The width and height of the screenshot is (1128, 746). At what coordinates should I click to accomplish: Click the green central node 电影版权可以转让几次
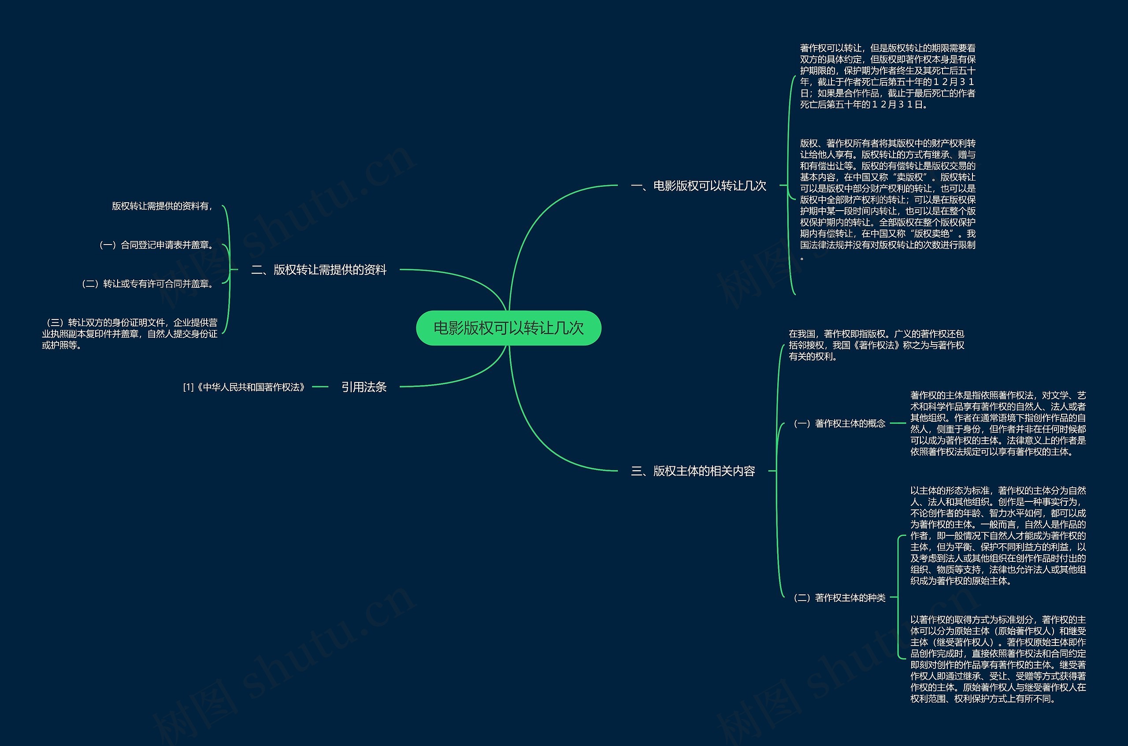508,328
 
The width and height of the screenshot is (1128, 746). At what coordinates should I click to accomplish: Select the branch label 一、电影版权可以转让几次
698,186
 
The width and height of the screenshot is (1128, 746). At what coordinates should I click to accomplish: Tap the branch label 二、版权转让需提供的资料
318,270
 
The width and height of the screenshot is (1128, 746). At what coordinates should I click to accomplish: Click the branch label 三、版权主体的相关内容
693,471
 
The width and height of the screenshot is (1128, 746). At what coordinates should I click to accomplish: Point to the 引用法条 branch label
364,387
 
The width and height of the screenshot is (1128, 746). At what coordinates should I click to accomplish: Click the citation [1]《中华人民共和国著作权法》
244,387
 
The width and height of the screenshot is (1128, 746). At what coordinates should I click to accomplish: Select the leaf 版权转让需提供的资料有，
162,206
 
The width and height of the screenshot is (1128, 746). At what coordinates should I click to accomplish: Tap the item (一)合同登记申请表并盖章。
157,245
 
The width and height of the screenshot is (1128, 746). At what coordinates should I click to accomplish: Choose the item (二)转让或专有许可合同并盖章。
148,284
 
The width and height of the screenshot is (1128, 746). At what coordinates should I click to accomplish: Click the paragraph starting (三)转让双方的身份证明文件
130,334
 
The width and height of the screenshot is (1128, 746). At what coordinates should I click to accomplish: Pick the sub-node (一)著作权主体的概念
840,423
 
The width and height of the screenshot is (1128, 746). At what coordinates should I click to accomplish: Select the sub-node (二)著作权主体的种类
840,598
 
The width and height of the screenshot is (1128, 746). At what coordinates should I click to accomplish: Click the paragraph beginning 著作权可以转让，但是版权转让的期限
887,76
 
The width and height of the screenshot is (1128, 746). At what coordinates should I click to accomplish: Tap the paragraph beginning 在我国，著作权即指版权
876,345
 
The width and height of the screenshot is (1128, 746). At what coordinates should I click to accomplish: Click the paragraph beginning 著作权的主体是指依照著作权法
998,423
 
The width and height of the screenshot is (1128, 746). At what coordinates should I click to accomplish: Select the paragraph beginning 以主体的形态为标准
998,535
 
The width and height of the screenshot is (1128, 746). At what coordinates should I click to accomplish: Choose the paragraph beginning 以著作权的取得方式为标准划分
998,659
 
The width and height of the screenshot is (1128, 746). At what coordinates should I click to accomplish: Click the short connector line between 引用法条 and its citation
320,387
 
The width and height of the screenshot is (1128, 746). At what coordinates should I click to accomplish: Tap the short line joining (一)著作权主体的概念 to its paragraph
898,423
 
